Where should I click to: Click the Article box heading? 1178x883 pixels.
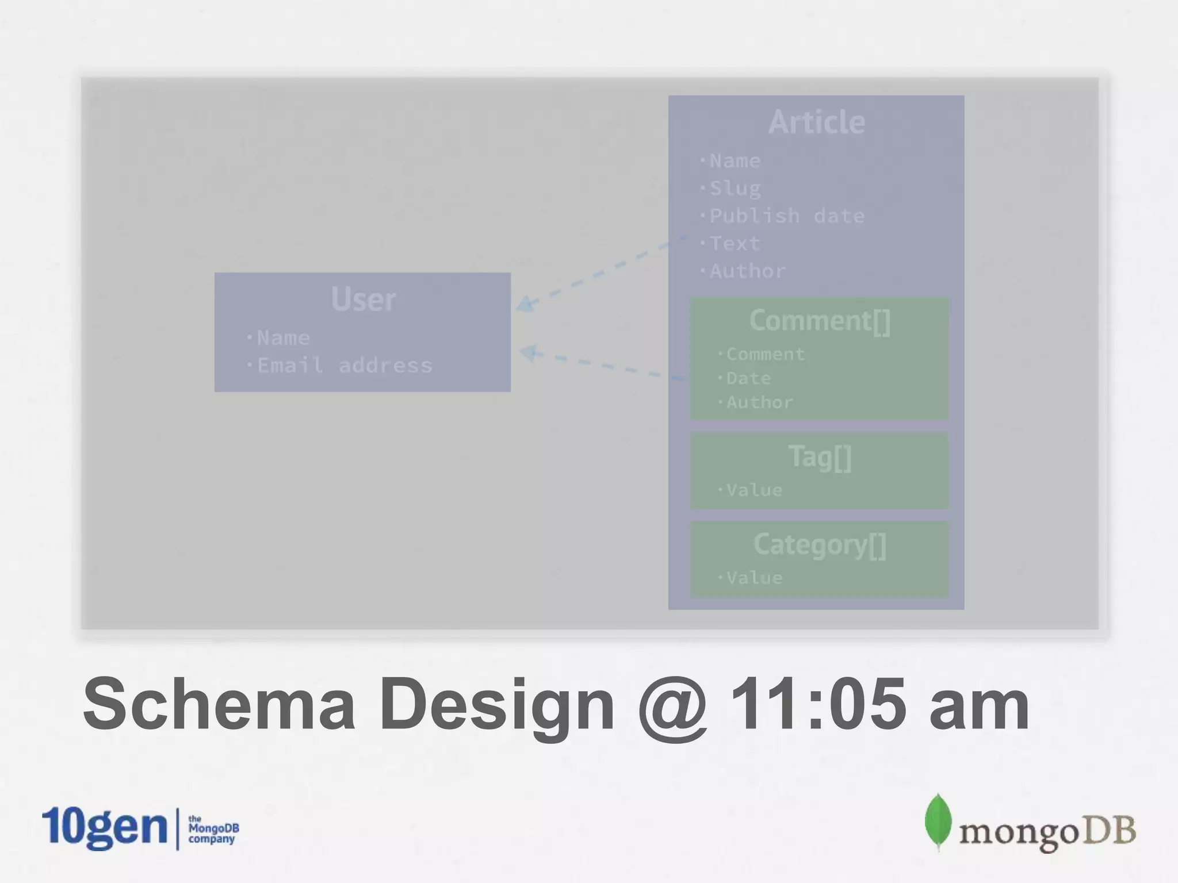[x=816, y=122]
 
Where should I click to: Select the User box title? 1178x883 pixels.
[x=363, y=299]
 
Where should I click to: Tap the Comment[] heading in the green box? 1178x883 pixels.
[x=820, y=320]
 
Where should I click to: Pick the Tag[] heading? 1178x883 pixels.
[x=820, y=457]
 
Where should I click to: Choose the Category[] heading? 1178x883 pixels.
[x=820, y=544]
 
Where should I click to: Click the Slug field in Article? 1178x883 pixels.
[x=735, y=189]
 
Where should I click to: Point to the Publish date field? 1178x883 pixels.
[x=786, y=216]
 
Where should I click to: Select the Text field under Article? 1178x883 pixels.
[x=735, y=244]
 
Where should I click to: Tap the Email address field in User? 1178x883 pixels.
[x=344, y=366]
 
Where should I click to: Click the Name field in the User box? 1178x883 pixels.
[x=283, y=338]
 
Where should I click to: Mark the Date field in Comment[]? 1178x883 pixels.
[x=748, y=378]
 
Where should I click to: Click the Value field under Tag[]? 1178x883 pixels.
[x=754, y=490]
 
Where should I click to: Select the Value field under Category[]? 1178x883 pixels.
[x=754, y=578]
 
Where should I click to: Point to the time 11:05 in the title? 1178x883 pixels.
[x=817, y=704]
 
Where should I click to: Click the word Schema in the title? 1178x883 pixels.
[x=219, y=704]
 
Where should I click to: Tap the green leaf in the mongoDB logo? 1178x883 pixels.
[x=938, y=821]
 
